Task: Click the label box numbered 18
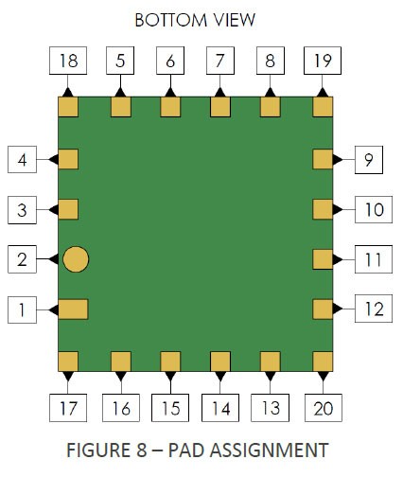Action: pos(68,61)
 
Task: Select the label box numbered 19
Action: pos(323,61)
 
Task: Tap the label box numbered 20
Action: pos(324,408)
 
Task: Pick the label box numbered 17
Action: pos(68,408)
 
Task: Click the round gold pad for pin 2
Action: pos(76,259)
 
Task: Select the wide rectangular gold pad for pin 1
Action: pos(73,309)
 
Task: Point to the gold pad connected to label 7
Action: pos(220,107)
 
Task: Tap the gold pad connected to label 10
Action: pos(323,209)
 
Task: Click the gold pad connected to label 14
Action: pos(220,362)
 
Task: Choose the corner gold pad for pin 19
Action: pos(323,107)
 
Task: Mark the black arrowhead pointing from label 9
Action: pos(338,160)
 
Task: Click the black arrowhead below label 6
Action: pos(170,93)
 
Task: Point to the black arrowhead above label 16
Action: pos(121,376)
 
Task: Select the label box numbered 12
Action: pos(374,309)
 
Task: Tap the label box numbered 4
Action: pos(22,160)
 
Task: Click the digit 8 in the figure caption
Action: pos(142,450)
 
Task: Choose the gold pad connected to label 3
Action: pos(68,209)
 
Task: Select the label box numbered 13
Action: pos(270,408)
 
